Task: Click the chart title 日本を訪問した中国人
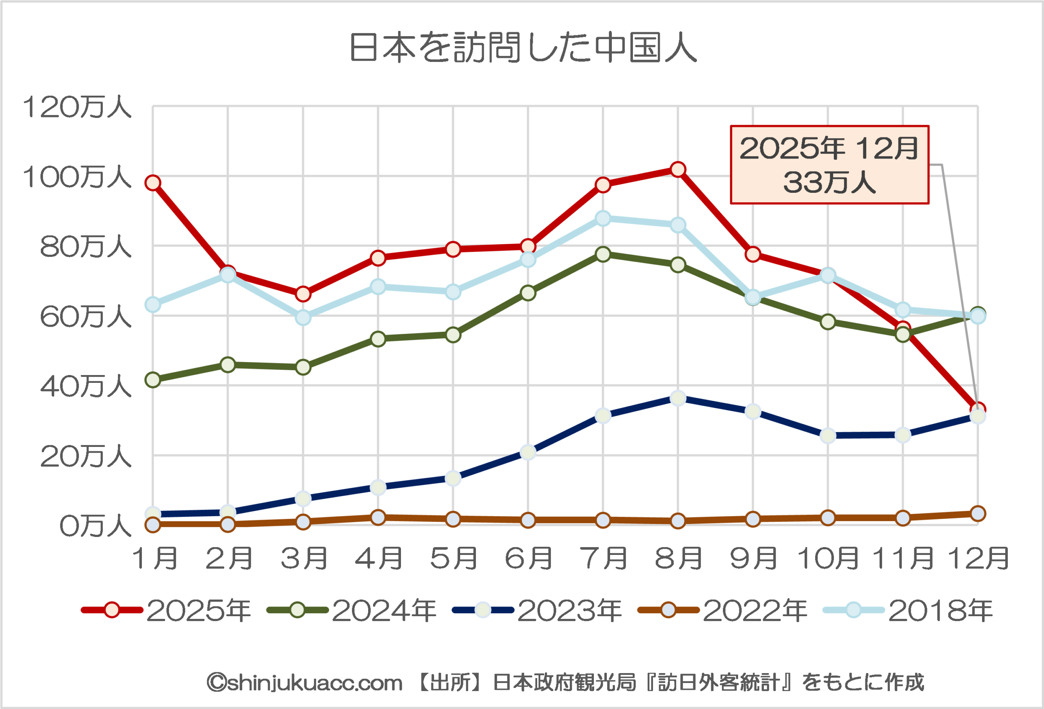522,47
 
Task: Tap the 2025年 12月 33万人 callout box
829,165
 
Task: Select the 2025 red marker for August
678,170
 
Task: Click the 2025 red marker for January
153,183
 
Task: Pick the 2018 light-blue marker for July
603,219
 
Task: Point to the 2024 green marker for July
603,254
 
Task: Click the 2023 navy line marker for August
678,398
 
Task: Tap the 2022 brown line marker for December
978,513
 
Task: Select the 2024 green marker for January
153,380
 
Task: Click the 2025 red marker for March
303,294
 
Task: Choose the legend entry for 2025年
166,610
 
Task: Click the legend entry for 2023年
537,610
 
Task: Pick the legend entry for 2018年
908,610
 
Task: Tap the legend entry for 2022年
722,610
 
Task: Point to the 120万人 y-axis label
77,108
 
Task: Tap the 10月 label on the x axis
827,559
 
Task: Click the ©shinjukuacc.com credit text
305,682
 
